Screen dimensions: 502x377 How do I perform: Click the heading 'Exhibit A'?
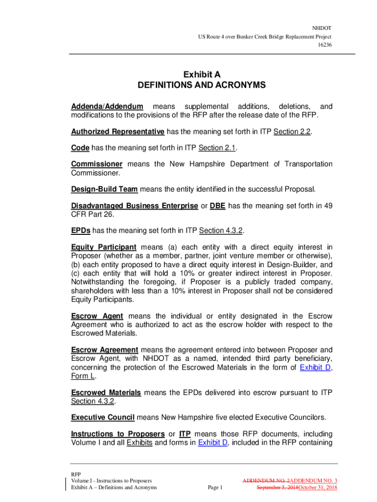tap(202, 75)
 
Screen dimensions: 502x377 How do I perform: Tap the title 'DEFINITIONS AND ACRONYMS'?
tap(202, 85)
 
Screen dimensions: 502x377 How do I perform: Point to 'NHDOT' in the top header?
tap(322, 28)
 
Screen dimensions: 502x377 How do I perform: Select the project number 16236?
tap(324, 45)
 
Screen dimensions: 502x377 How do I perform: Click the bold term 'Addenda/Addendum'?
tap(107, 106)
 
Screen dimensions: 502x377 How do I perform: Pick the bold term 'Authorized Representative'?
tap(118, 132)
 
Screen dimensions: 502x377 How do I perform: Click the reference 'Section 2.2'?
tap(292, 132)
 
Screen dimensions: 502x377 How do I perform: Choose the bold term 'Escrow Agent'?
tap(97, 316)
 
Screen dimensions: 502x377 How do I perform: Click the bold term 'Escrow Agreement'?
tap(105, 350)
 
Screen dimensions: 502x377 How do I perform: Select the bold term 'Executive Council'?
tap(103, 418)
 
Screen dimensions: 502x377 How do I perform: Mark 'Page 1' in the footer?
tap(215, 487)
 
